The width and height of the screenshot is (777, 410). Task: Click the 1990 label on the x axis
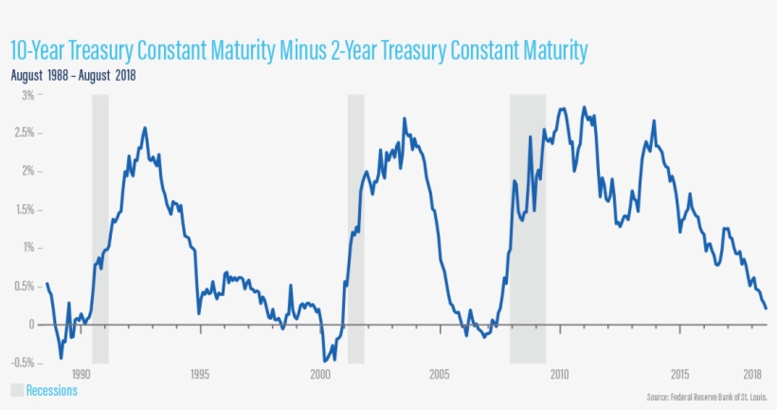pyautogui.click(x=81, y=373)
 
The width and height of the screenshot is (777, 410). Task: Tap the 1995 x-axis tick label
pyautogui.click(x=200, y=373)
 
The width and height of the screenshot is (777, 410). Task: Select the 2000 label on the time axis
pyautogui.click(x=319, y=373)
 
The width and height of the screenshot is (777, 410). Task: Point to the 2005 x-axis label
pyautogui.click(x=439, y=373)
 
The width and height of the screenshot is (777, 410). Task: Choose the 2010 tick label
pyautogui.click(x=559, y=373)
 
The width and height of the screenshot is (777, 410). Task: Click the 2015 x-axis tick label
pyautogui.click(x=679, y=373)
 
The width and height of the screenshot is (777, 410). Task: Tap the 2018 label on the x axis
pyautogui.click(x=752, y=373)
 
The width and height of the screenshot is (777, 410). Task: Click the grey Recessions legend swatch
pyautogui.click(x=16, y=390)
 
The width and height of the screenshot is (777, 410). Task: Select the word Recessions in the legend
pyautogui.click(x=51, y=390)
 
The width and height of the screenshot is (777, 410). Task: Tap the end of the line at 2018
pyautogui.click(x=766, y=307)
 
